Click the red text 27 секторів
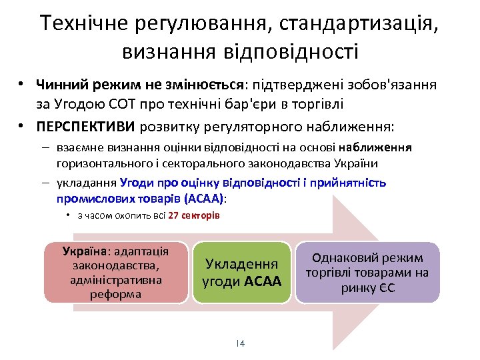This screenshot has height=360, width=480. pos(193,216)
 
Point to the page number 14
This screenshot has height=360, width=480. pos(240,343)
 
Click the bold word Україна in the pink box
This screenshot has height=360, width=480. pos(85,251)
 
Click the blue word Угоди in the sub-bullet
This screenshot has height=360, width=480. pos(137,182)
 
